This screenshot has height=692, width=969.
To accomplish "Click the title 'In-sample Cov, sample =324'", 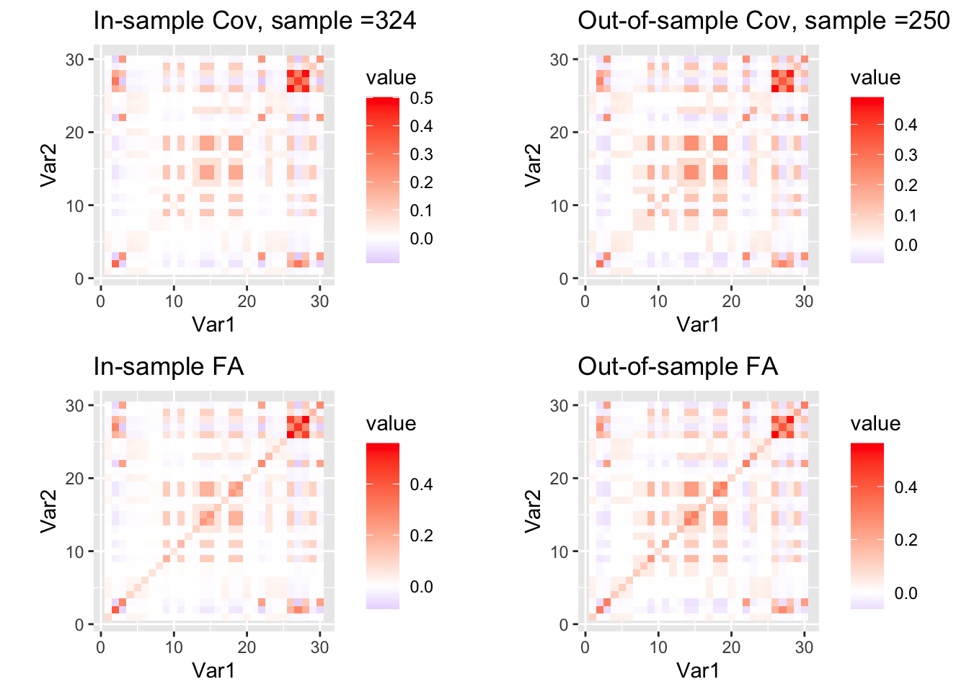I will [x=255, y=21].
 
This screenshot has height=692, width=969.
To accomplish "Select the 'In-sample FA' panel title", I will [x=169, y=367].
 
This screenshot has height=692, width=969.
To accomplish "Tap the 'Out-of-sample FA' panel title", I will [x=678, y=367].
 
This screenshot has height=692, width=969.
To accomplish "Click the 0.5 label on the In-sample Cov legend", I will [x=421, y=98].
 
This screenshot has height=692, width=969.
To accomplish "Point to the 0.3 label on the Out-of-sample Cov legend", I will [x=906, y=155].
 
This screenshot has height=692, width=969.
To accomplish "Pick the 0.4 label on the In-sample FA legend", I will [x=421, y=484].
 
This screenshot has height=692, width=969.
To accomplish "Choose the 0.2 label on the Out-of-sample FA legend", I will [x=906, y=540].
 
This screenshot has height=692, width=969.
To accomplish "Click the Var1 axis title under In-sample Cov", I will [x=213, y=325].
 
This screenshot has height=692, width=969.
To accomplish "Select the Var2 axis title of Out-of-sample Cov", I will [x=533, y=166].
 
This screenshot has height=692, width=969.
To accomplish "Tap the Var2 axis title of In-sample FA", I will [x=48, y=512].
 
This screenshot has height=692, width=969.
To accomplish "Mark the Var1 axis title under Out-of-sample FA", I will [x=698, y=671].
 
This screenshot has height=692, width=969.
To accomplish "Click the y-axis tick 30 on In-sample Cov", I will [x=75, y=59].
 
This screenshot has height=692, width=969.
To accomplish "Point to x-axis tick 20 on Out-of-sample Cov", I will [x=731, y=301].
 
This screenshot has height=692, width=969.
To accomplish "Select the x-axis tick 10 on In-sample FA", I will [x=174, y=647].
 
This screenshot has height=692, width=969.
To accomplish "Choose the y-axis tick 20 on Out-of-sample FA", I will [x=559, y=478].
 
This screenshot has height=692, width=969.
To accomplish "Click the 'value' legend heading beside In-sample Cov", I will [x=391, y=78].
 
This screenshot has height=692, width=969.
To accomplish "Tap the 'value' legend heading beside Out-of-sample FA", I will [x=875, y=423].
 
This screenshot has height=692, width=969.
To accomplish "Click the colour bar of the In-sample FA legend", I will [x=382, y=526].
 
